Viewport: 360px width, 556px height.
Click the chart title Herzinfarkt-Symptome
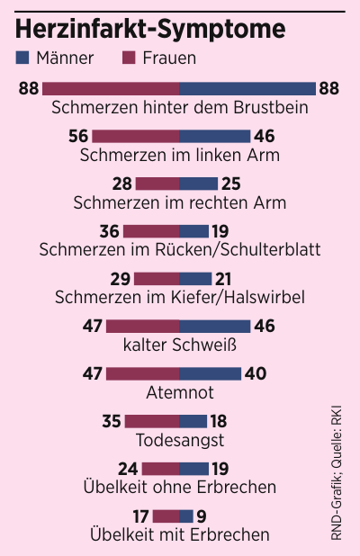151,29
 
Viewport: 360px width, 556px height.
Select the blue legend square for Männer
23,58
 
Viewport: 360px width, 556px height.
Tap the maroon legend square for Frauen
128,58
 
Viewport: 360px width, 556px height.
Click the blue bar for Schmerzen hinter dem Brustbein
247,88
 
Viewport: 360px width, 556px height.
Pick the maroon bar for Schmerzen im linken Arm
136,136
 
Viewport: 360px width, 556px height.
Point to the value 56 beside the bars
78,136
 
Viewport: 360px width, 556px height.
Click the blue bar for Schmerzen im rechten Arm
199,184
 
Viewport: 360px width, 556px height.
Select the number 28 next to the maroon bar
121,184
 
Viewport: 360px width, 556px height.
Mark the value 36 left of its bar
109,231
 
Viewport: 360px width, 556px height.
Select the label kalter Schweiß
180,345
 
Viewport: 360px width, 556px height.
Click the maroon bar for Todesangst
152,421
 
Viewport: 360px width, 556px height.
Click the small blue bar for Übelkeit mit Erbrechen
186,516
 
